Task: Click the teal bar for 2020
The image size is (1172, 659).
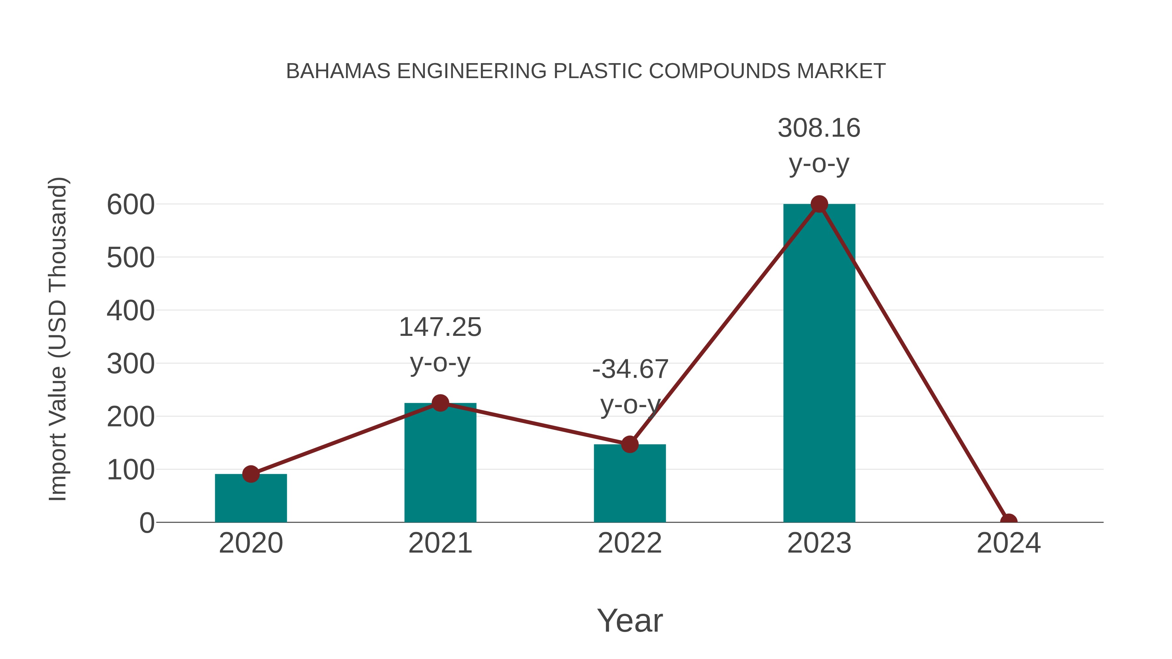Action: [x=251, y=500]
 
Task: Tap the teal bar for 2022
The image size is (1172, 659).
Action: [x=630, y=484]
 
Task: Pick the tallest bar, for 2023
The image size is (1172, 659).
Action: [x=819, y=364]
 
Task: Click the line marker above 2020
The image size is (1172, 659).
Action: [x=251, y=474]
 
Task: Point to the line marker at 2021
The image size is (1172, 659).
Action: [x=440, y=403]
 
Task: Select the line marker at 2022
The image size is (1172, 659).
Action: [x=630, y=444]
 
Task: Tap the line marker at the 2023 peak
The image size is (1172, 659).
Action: [x=819, y=204]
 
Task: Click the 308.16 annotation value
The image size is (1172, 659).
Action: [x=819, y=128]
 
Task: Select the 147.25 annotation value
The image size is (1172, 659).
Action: [x=440, y=327]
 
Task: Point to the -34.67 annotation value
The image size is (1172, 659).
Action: [x=630, y=369]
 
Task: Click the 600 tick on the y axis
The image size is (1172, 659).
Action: [x=131, y=205]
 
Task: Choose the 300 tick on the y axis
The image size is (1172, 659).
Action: [x=131, y=364]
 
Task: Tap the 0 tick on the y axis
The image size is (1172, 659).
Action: [x=147, y=523]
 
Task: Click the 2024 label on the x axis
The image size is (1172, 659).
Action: [x=1009, y=543]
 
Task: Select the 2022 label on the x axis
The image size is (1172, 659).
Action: [x=630, y=543]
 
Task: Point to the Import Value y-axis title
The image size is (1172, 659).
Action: [x=58, y=339]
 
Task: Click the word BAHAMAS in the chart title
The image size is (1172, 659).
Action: [x=338, y=71]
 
